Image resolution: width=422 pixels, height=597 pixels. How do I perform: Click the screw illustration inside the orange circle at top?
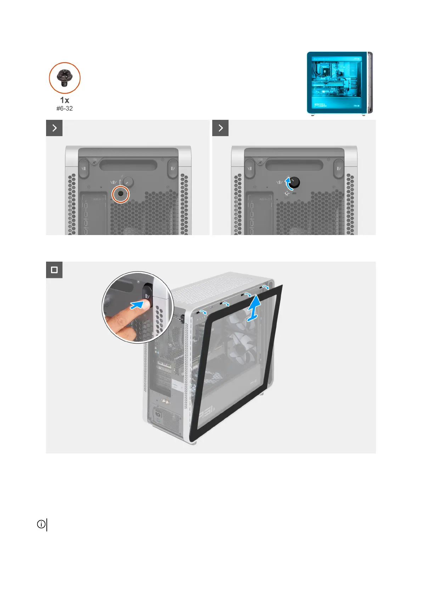[x=64, y=78]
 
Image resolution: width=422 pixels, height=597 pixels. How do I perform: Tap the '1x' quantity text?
[x=64, y=100]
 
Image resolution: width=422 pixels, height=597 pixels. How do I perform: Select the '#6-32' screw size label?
[x=64, y=108]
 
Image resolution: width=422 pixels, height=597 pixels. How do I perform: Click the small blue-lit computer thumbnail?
[x=339, y=83]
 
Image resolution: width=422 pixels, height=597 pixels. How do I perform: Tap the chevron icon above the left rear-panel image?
[x=54, y=128]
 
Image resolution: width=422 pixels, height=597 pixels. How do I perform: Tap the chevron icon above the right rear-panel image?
[x=220, y=128]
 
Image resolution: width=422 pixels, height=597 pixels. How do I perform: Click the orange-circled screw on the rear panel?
[x=121, y=194]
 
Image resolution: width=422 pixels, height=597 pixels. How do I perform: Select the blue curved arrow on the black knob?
[x=288, y=183]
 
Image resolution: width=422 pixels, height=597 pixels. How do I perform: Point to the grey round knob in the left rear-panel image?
[x=128, y=182]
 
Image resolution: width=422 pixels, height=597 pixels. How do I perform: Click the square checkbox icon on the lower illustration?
[x=54, y=270]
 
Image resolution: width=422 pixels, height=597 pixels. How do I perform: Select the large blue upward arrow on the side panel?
[x=254, y=309]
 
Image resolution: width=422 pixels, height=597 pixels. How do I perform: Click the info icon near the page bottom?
[x=41, y=524]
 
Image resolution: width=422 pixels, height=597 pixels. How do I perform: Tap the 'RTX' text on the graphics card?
[x=195, y=366]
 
